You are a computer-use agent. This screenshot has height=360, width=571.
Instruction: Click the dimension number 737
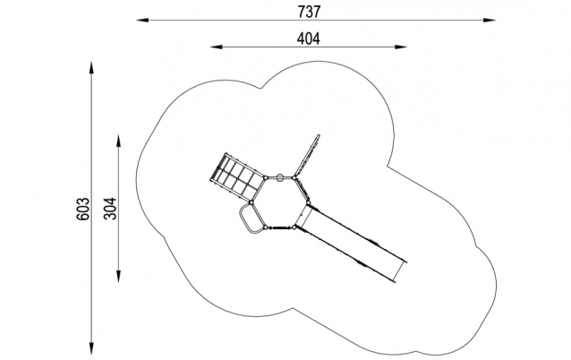pos(311,11)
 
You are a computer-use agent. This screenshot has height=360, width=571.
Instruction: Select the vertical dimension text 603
pos(83,209)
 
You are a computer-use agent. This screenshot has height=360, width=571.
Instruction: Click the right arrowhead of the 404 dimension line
pos(407,47)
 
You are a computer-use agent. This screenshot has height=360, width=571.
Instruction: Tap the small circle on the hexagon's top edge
pos(279,176)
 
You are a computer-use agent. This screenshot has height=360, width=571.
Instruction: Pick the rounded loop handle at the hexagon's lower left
pos(249,220)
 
